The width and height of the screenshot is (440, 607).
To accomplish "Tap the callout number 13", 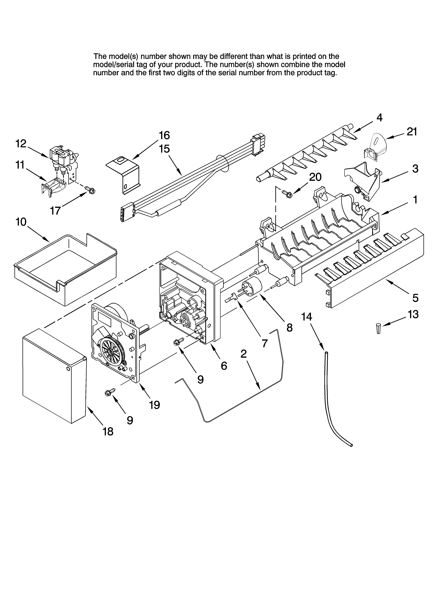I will (x=413, y=314).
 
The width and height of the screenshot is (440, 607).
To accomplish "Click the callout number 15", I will (x=164, y=149).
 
